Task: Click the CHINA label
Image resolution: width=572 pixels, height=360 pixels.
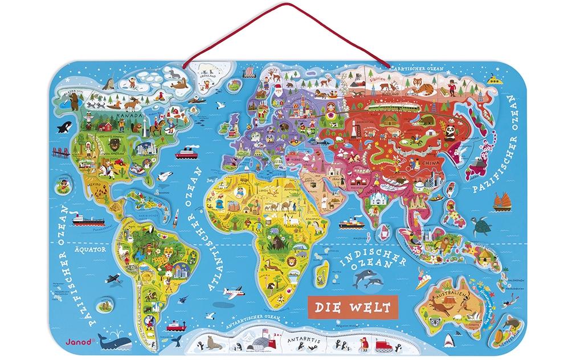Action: (431, 161)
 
